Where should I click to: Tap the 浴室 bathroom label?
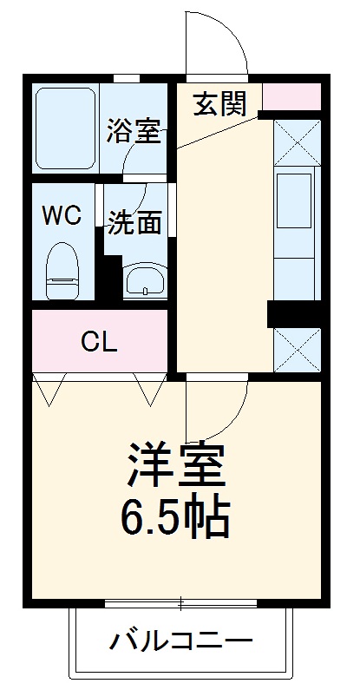point(133,132)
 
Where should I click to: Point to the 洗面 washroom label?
point(134,222)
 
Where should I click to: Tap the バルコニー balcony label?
point(181,643)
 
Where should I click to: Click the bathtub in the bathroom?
point(65,128)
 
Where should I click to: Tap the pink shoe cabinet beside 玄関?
point(291,97)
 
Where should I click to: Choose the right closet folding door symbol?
point(150,388)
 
